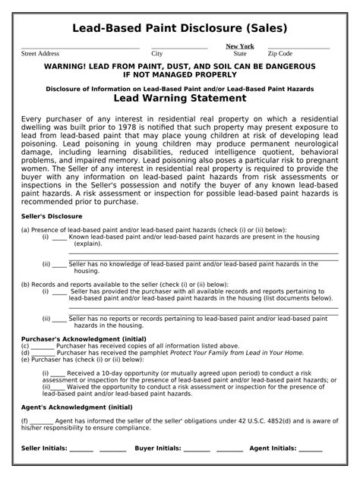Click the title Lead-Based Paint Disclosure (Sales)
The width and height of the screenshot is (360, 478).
179,29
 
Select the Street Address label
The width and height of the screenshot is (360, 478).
39,54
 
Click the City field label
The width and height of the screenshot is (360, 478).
157,54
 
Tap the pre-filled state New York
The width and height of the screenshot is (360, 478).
240,46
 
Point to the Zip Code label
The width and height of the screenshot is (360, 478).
279,54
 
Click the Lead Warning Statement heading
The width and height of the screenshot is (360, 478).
179,98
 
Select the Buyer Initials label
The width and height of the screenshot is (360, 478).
158,448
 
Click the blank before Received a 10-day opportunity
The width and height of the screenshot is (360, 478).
58,373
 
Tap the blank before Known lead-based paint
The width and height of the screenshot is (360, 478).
58,237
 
